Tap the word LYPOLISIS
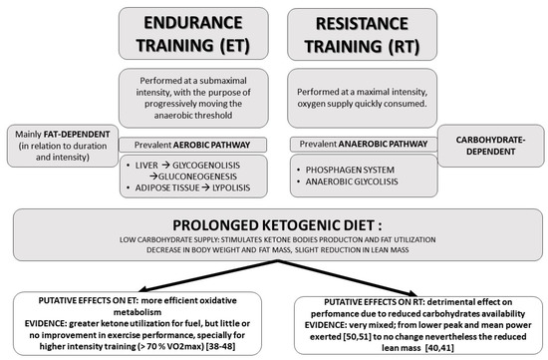[x=232, y=187]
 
